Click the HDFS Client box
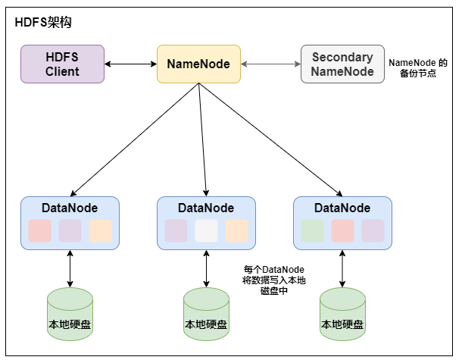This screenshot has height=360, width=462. pos(62,64)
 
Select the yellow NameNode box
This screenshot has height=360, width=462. pos(198,64)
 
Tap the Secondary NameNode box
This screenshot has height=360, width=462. pos(342,64)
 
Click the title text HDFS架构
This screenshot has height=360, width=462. pos(44,23)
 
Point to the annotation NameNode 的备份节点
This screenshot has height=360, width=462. pos(418,70)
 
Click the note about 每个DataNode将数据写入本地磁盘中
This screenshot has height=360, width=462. pos(273,280)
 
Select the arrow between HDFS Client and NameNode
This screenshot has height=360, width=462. pos(130,64)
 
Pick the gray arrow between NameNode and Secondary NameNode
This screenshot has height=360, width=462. pos(270,64)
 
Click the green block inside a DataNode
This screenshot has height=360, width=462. pos(312,230)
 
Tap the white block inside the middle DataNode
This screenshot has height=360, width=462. pos(206,230)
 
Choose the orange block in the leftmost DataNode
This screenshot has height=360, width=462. pos(100,230)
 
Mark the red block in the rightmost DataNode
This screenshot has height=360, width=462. pos(342,230)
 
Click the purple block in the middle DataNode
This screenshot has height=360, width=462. pos(176,230)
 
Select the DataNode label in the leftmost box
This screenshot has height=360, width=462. pos(70,207)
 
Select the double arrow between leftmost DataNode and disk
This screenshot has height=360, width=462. pos(70,268)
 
